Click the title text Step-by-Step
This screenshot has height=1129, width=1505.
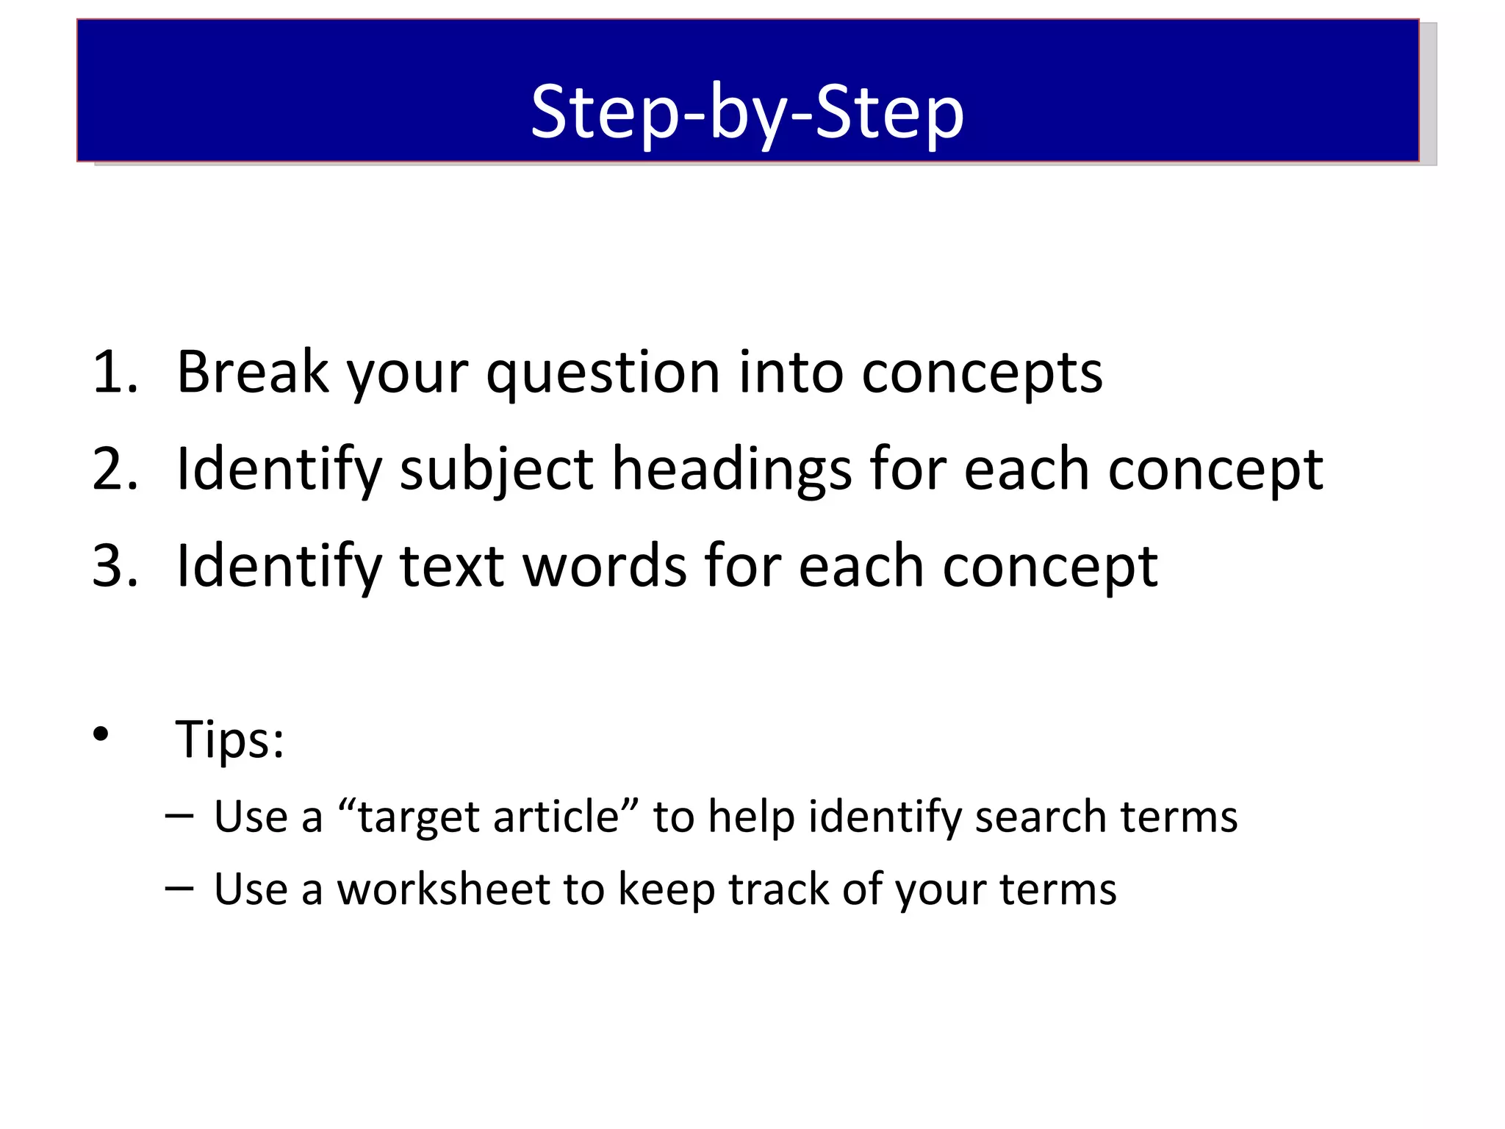[x=747, y=112]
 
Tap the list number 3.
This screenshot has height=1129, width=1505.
[x=114, y=566]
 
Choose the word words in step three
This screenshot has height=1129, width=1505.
[x=604, y=566]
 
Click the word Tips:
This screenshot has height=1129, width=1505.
[x=230, y=739]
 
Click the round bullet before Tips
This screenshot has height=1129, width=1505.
[x=101, y=734]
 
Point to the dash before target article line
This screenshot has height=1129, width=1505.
[x=179, y=815]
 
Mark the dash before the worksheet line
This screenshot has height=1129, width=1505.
[x=179, y=888]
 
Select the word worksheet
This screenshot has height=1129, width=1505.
[x=443, y=889]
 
